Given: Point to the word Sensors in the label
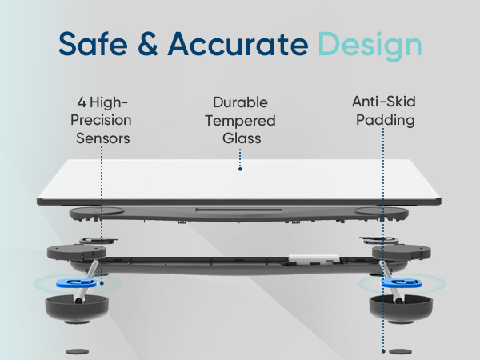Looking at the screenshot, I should pyautogui.click(x=103, y=138).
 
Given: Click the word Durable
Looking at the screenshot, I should pyautogui.click(x=240, y=102).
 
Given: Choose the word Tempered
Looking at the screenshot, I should pyautogui.click(x=240, y=120).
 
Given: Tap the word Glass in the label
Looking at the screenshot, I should pyautogui.click(x=240, y=138).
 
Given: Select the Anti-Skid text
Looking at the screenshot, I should pyautogui.click(x=383, y=102).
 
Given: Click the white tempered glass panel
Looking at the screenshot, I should pyautogui.click(x=240, y=180).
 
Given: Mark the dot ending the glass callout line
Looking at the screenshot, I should pyautogui.click(x=240, y=170).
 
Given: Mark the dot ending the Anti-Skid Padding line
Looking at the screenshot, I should pyautogui.click(x=383, y=350).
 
